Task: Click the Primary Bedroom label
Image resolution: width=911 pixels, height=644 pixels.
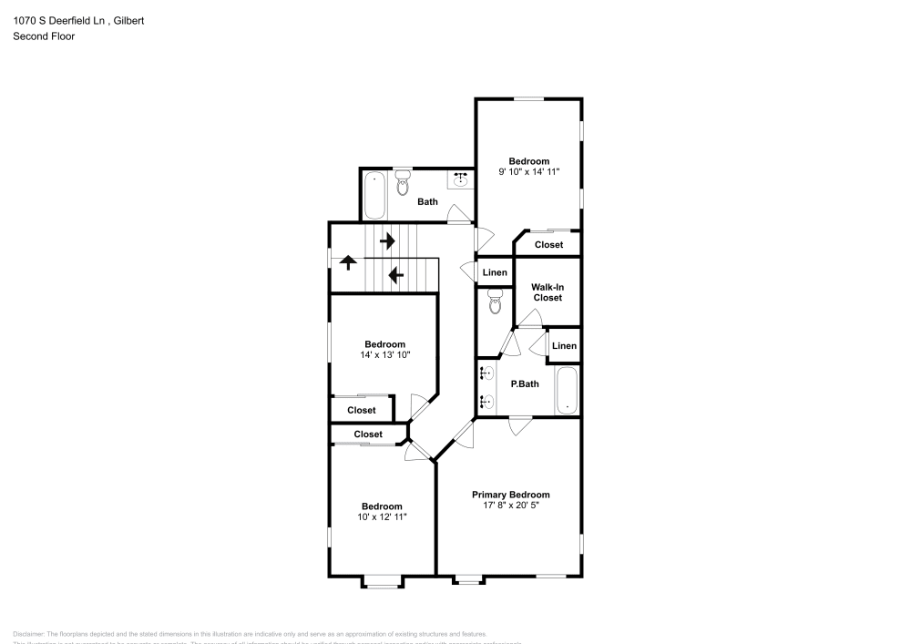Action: [x=510, y=495]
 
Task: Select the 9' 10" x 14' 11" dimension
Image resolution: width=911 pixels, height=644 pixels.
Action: [x=528, y=171]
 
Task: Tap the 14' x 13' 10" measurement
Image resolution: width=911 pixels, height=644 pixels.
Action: [x=384, y=355]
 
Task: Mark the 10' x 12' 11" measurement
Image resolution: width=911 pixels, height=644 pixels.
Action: [x=381, y=517]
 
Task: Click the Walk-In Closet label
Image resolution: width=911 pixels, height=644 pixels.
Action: [x=548, y=292]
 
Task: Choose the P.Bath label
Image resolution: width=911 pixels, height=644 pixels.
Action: [x=524, y=384]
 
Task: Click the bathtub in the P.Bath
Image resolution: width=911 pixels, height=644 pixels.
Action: [x=567, y=390]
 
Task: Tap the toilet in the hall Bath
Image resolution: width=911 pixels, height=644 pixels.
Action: [x=403, y=182]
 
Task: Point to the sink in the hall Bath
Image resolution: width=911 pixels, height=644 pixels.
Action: [x=461, y=179]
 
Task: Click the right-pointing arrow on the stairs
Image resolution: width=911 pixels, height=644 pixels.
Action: [x=387, y=241]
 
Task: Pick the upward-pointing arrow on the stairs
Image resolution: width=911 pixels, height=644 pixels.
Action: [x=347, y=263]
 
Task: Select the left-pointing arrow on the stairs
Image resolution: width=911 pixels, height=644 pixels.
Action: [x=395, y=274]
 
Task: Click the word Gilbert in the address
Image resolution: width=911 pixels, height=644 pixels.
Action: [x=128, y=19]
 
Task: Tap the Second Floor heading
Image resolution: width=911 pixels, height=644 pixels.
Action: [x=44, y=36]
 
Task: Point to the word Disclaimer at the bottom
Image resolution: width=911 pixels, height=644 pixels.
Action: [x=28, y=634]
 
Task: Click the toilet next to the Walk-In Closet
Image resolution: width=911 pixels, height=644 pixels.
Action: [x=495, y=302]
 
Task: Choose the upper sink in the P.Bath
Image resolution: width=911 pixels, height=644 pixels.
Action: [x=487, y=373]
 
